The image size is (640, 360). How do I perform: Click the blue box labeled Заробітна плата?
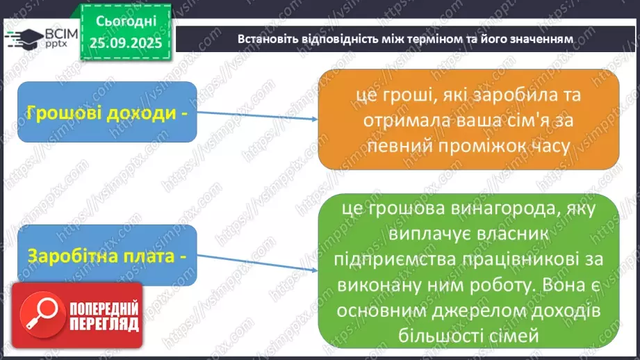(108, 256)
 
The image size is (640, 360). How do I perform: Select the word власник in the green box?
(520, 236)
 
